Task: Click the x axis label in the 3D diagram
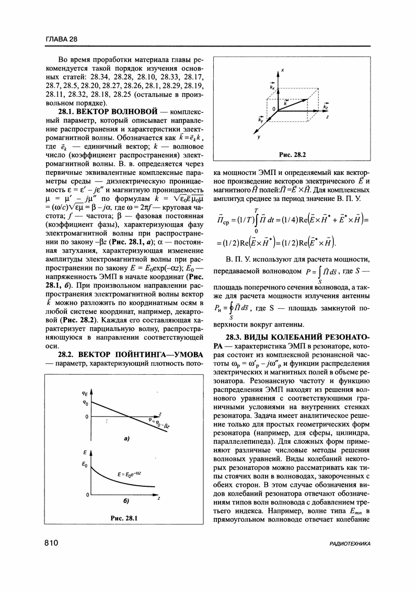click(x=282, y=70)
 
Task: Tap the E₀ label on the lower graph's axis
click(x=84, y=464)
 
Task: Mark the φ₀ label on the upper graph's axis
click(x=86, y=403)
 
